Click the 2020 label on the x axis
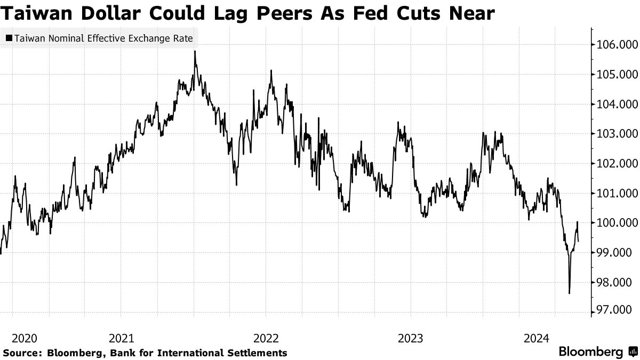point(24,338)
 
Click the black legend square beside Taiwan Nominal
point(9,38)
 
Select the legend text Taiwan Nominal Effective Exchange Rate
point(103,38)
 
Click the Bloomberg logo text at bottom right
point(590,352)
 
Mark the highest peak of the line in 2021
point(195,51)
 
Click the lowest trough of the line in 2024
point(570,293)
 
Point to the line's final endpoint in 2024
point(579,241)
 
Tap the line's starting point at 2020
point(1,253)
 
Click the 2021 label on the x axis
point(121,338)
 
